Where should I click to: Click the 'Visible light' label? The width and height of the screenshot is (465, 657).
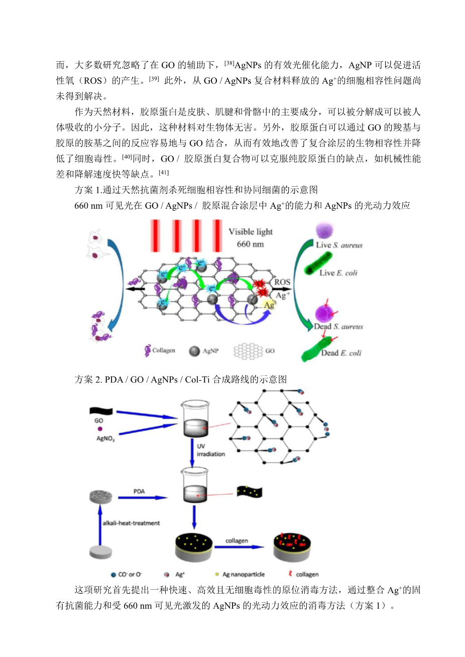tap(251, 232)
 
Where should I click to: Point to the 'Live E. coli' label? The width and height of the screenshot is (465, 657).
tap(338, 273)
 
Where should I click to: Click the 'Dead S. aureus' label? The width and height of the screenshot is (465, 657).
tap(338, 327)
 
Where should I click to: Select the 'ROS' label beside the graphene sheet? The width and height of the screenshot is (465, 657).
tap(282, 282)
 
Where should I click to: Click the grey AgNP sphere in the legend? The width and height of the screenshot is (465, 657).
tap(194, 351)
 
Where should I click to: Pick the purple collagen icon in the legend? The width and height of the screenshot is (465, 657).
tap(148, 350)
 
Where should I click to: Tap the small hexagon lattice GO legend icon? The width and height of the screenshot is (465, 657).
tap(248, 351)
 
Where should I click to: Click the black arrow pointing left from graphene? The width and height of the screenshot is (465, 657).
tap(135, 289)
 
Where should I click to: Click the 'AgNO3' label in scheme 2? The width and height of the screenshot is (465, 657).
tap(105, 439)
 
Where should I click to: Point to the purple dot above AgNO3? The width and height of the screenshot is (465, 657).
tap(100, 429)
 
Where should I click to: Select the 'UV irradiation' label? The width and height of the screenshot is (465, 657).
tap(210, 450)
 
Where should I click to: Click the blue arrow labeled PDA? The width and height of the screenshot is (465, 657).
tap(142, 498)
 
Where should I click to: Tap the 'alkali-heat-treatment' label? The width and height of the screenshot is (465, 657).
tap(132, 523)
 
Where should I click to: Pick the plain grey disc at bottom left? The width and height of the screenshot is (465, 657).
tap(100, 552)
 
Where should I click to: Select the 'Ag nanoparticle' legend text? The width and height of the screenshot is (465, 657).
tap(244, 574)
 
